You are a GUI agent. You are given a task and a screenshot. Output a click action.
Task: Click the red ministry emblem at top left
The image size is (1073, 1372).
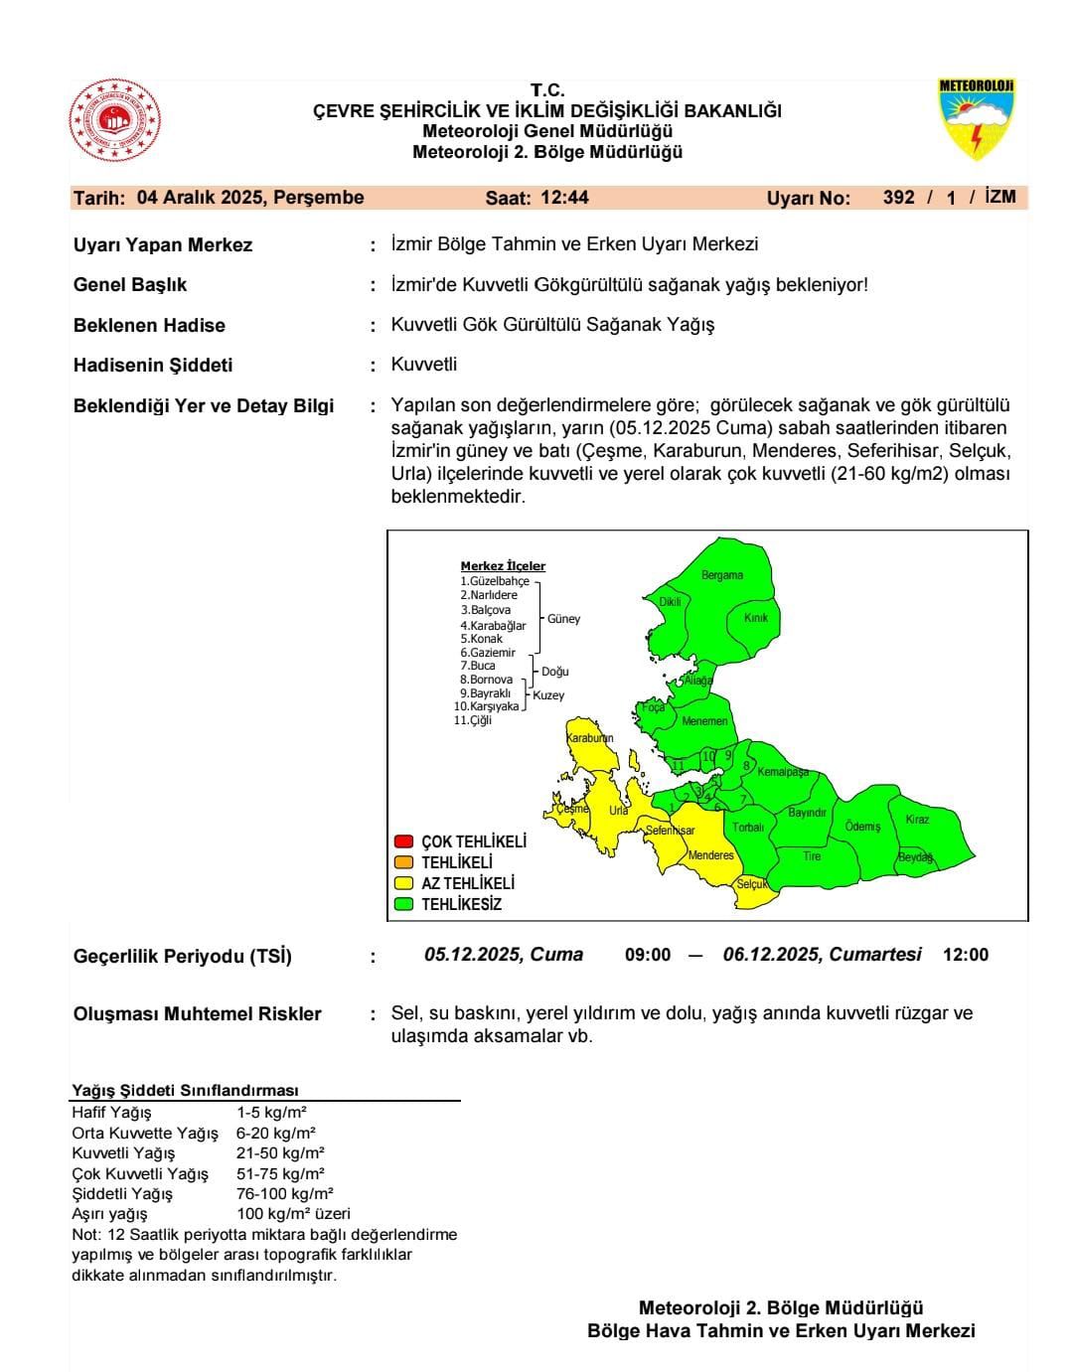pos(114,124)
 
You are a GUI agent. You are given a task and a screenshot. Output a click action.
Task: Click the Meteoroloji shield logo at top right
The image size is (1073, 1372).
pos(976,120)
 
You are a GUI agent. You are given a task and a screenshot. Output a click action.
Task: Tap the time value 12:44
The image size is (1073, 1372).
pos(564,198)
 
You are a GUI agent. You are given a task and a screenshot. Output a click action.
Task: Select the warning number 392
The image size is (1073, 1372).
pos(898,198)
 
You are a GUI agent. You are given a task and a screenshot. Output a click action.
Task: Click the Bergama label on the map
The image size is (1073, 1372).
pos(722,575)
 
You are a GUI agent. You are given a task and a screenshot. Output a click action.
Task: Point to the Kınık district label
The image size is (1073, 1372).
pos(756,618)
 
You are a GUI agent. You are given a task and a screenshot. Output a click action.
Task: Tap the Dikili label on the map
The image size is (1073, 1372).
pos(671,602)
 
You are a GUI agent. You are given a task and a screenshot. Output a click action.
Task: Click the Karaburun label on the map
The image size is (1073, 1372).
pos(589,738)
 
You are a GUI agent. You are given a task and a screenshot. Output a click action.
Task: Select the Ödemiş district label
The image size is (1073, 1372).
pos(862,827)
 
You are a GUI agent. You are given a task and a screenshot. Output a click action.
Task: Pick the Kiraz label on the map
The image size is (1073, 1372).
pos(917,820)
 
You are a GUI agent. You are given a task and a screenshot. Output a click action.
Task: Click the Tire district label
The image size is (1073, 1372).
pos(812,856)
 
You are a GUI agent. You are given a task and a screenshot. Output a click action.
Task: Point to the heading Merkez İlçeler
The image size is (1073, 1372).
pos(503,566)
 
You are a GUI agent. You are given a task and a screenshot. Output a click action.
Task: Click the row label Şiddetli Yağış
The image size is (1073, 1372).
pos(122,1194)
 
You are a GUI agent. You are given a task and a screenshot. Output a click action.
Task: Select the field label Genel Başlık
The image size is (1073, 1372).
pos(130,285)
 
